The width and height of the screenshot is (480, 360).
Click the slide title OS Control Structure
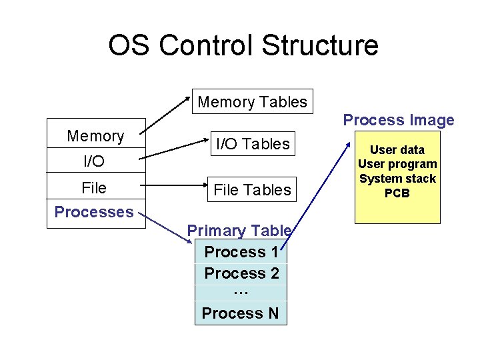[x=243, y=45]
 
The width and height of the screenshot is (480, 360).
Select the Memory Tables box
[x=252, y=102]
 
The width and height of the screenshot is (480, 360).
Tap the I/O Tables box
[x=252, y=143]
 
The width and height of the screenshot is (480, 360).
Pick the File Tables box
[x=252, y=190]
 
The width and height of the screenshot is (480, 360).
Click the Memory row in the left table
[x=95, y=136]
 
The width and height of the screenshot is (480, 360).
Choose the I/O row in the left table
[x=94, y=161]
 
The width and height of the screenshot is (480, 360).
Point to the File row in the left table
[x=94, y=188]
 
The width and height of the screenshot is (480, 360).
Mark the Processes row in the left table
[x=94, y=212]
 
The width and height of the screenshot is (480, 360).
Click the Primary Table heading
[x=239, y=231]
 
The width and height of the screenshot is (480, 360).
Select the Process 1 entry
[x=241, y=252]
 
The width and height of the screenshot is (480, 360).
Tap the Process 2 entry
[x=241, y=273]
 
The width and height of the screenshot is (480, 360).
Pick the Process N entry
[x=241, y=313]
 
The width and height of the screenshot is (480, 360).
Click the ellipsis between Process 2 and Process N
[x=241, y=292]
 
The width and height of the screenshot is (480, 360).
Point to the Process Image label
[x=398, y=120]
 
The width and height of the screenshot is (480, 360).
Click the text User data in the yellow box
[x=397, y=150]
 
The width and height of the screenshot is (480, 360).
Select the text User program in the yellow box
[x=397, y=164]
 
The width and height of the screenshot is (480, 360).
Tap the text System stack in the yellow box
[x=397, y=179]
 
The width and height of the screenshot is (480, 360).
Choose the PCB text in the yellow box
[x=397, y=193]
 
